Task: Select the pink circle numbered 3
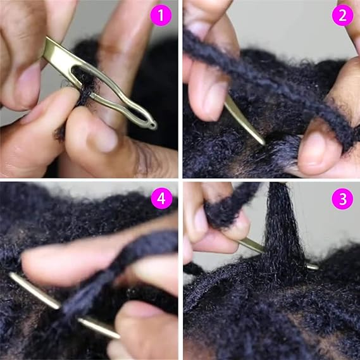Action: (x=342, y=199)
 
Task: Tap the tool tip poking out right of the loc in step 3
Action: (x=311, y=267)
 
